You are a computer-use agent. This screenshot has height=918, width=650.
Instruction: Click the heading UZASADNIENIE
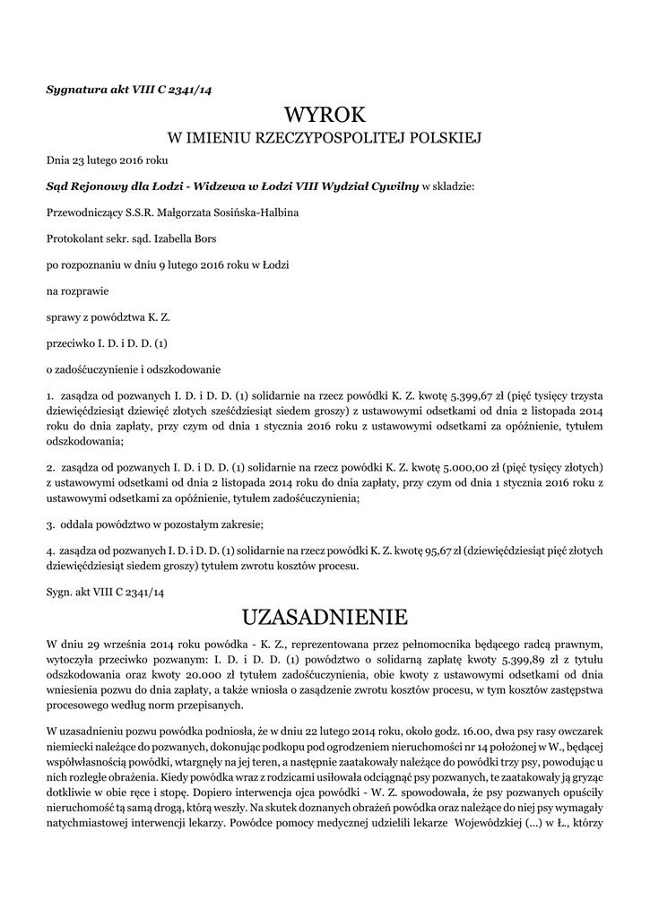[x=325, y=617]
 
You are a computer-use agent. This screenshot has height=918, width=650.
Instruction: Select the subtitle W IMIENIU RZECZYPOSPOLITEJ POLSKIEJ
[x=325, y=138]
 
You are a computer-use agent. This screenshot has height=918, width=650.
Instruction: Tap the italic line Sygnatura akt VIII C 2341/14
[x=128, y=89]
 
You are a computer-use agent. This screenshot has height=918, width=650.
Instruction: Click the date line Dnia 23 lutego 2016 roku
[x=107, y=161]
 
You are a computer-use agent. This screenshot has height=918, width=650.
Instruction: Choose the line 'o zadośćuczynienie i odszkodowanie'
[x=133, y=368]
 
